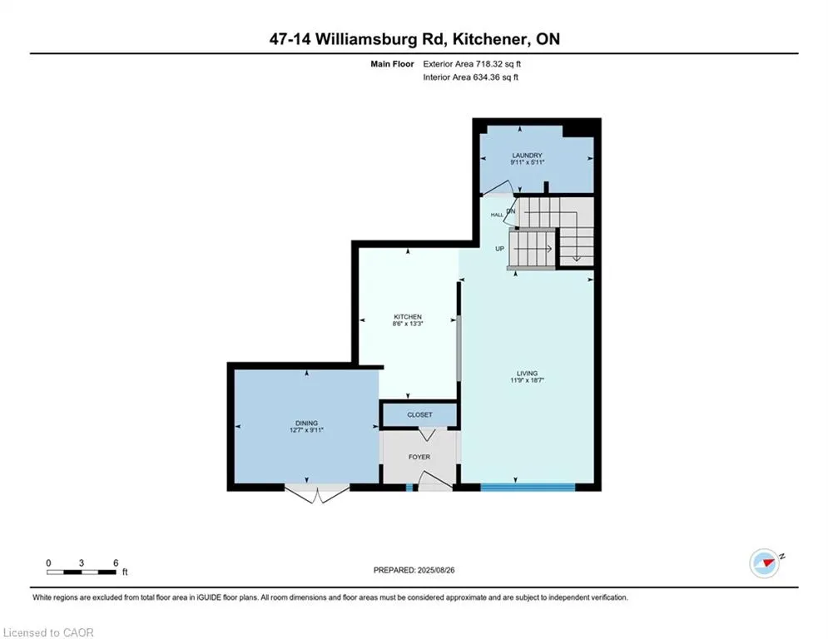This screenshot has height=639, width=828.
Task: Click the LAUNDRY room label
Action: click(528, 155)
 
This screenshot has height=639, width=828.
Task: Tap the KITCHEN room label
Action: click(408, 317)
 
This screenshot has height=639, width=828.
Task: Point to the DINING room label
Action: click(306, 423)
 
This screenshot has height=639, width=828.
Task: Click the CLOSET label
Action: click(419, 414)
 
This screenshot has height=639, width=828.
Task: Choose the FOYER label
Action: click(419, 456)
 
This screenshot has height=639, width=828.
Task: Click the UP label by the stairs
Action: click(501, 248)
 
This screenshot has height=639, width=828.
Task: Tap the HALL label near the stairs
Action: click(497, 215)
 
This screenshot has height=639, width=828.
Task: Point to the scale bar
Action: click(82, 572)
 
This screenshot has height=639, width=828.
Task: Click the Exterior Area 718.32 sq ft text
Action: click(473, 63)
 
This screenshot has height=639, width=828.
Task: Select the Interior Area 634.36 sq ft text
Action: click(471, 77)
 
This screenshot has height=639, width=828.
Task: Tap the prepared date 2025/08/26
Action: click(416, 570)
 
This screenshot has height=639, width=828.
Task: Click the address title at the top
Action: click(414, 39)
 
